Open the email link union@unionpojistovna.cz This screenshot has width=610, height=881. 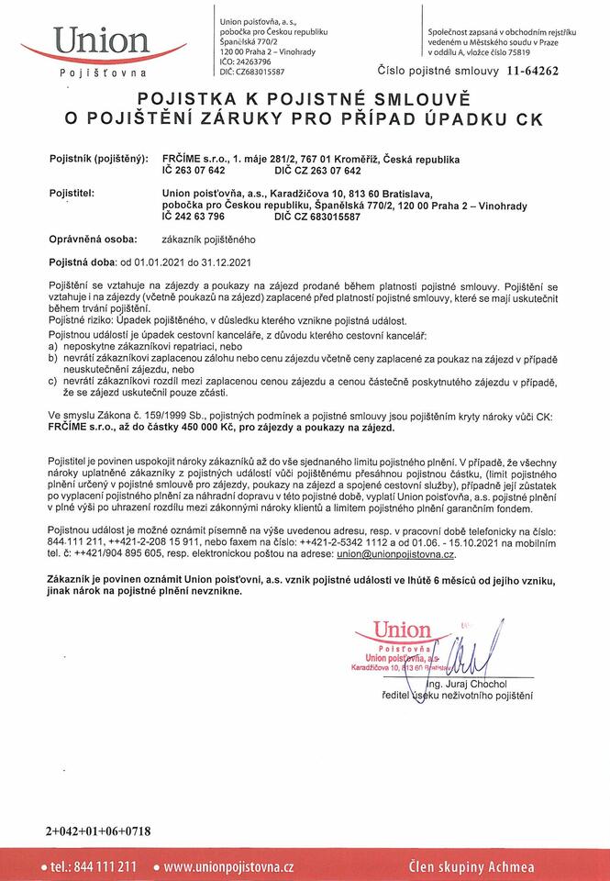coord(395,555)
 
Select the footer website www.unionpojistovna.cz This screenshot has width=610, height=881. coord(228,865)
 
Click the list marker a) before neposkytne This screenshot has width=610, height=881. coord(53,349)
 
